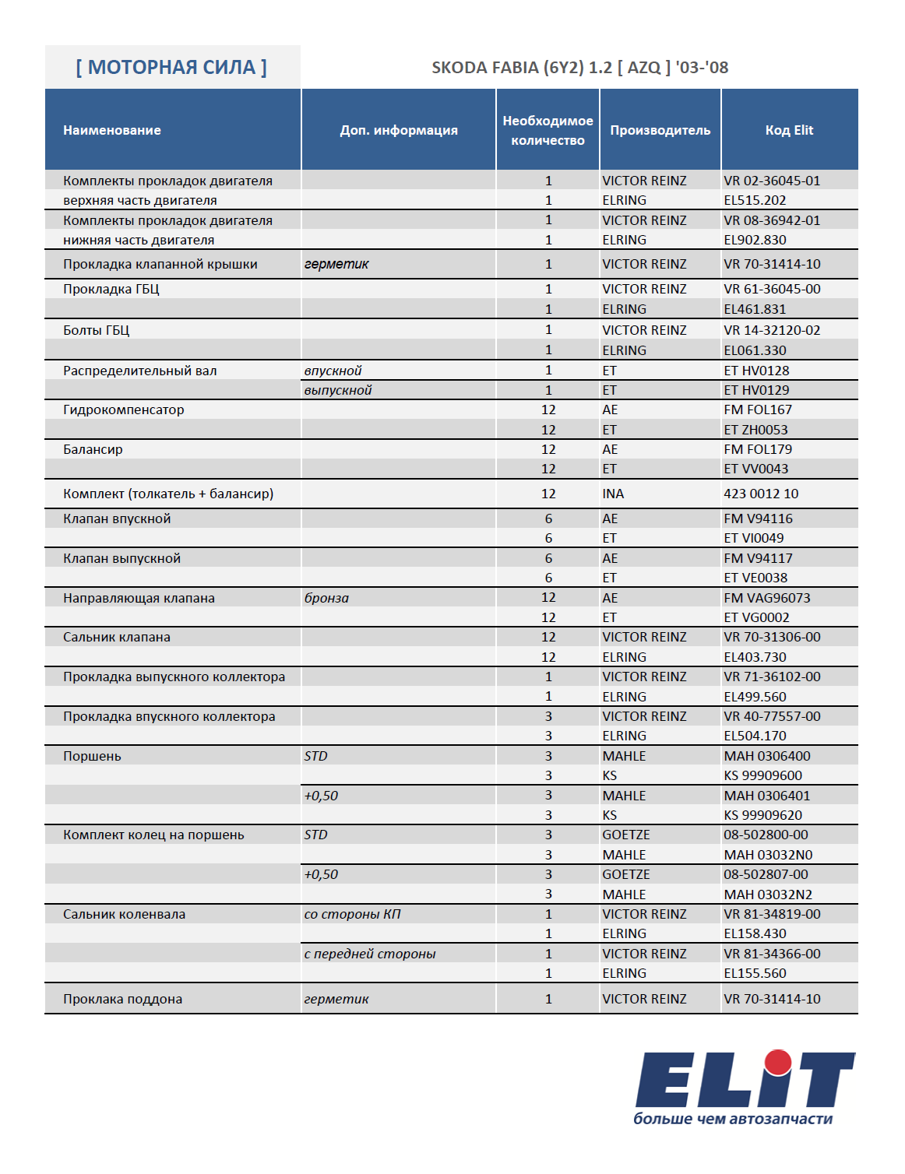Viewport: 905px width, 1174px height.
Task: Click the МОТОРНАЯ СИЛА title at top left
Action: (171, 68)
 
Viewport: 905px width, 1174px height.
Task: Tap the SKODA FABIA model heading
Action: (580, 68)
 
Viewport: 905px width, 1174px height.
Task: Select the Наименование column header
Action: (112, 130)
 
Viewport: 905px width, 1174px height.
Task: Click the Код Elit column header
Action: (789, 130)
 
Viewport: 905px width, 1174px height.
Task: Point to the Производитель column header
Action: (660, 130)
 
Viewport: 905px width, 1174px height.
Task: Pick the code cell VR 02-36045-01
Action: (772, 181)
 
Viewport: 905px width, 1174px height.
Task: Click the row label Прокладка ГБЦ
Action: (111, 289)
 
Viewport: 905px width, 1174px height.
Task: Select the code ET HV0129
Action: (756, 390)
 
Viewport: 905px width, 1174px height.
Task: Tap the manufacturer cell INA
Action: (613, 494)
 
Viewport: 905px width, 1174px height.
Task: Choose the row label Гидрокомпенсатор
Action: (124, 409)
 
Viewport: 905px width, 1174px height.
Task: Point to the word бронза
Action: (326, 598)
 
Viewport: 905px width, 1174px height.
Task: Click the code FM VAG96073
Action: (767, 598)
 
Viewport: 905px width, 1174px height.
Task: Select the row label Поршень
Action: (92, 756)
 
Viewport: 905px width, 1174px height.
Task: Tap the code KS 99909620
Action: (762, 815)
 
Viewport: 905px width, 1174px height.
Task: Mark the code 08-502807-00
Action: (766, 874)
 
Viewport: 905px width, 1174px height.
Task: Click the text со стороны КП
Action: (352, 914)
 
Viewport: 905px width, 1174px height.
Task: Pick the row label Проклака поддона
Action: (123, 999)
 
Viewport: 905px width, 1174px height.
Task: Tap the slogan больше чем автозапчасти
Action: (733, 1119)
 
